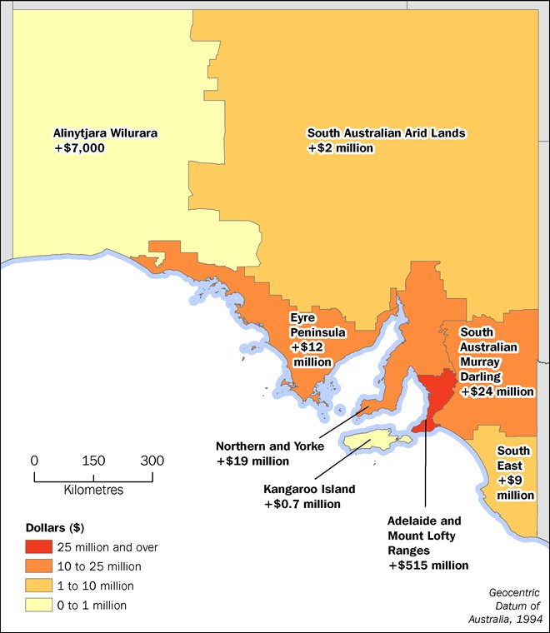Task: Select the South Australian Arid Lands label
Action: click(386, 132)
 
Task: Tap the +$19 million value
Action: click(252, 461)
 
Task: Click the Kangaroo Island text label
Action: click(309, 489)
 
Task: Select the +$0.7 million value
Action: click(302, 504)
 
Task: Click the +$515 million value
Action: click(428, 565)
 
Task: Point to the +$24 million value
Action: click(497, 391)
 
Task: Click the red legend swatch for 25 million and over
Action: click(38, 547)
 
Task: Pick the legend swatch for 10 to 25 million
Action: click(38, 566)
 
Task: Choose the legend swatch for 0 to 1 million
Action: click(38, 605)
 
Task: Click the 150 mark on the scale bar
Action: click(93, 461)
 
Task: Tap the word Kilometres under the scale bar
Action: click(93, 490)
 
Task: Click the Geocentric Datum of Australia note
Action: click(513, 605)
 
